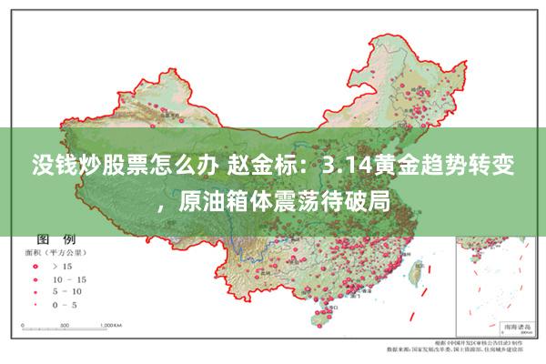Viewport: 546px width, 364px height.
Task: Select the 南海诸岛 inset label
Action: (x=502, y=323)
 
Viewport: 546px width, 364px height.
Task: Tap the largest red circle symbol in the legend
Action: (x=37, y=267)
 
